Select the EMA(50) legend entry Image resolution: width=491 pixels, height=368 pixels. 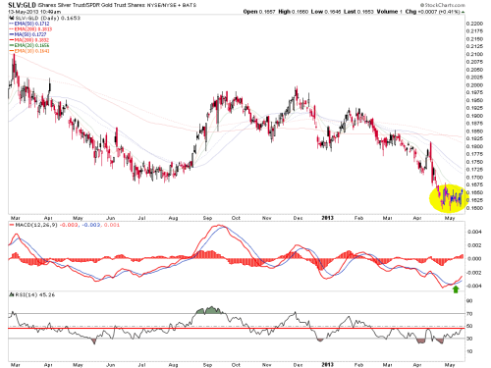click(28, 23)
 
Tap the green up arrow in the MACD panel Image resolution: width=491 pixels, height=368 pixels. click(454, 289)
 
